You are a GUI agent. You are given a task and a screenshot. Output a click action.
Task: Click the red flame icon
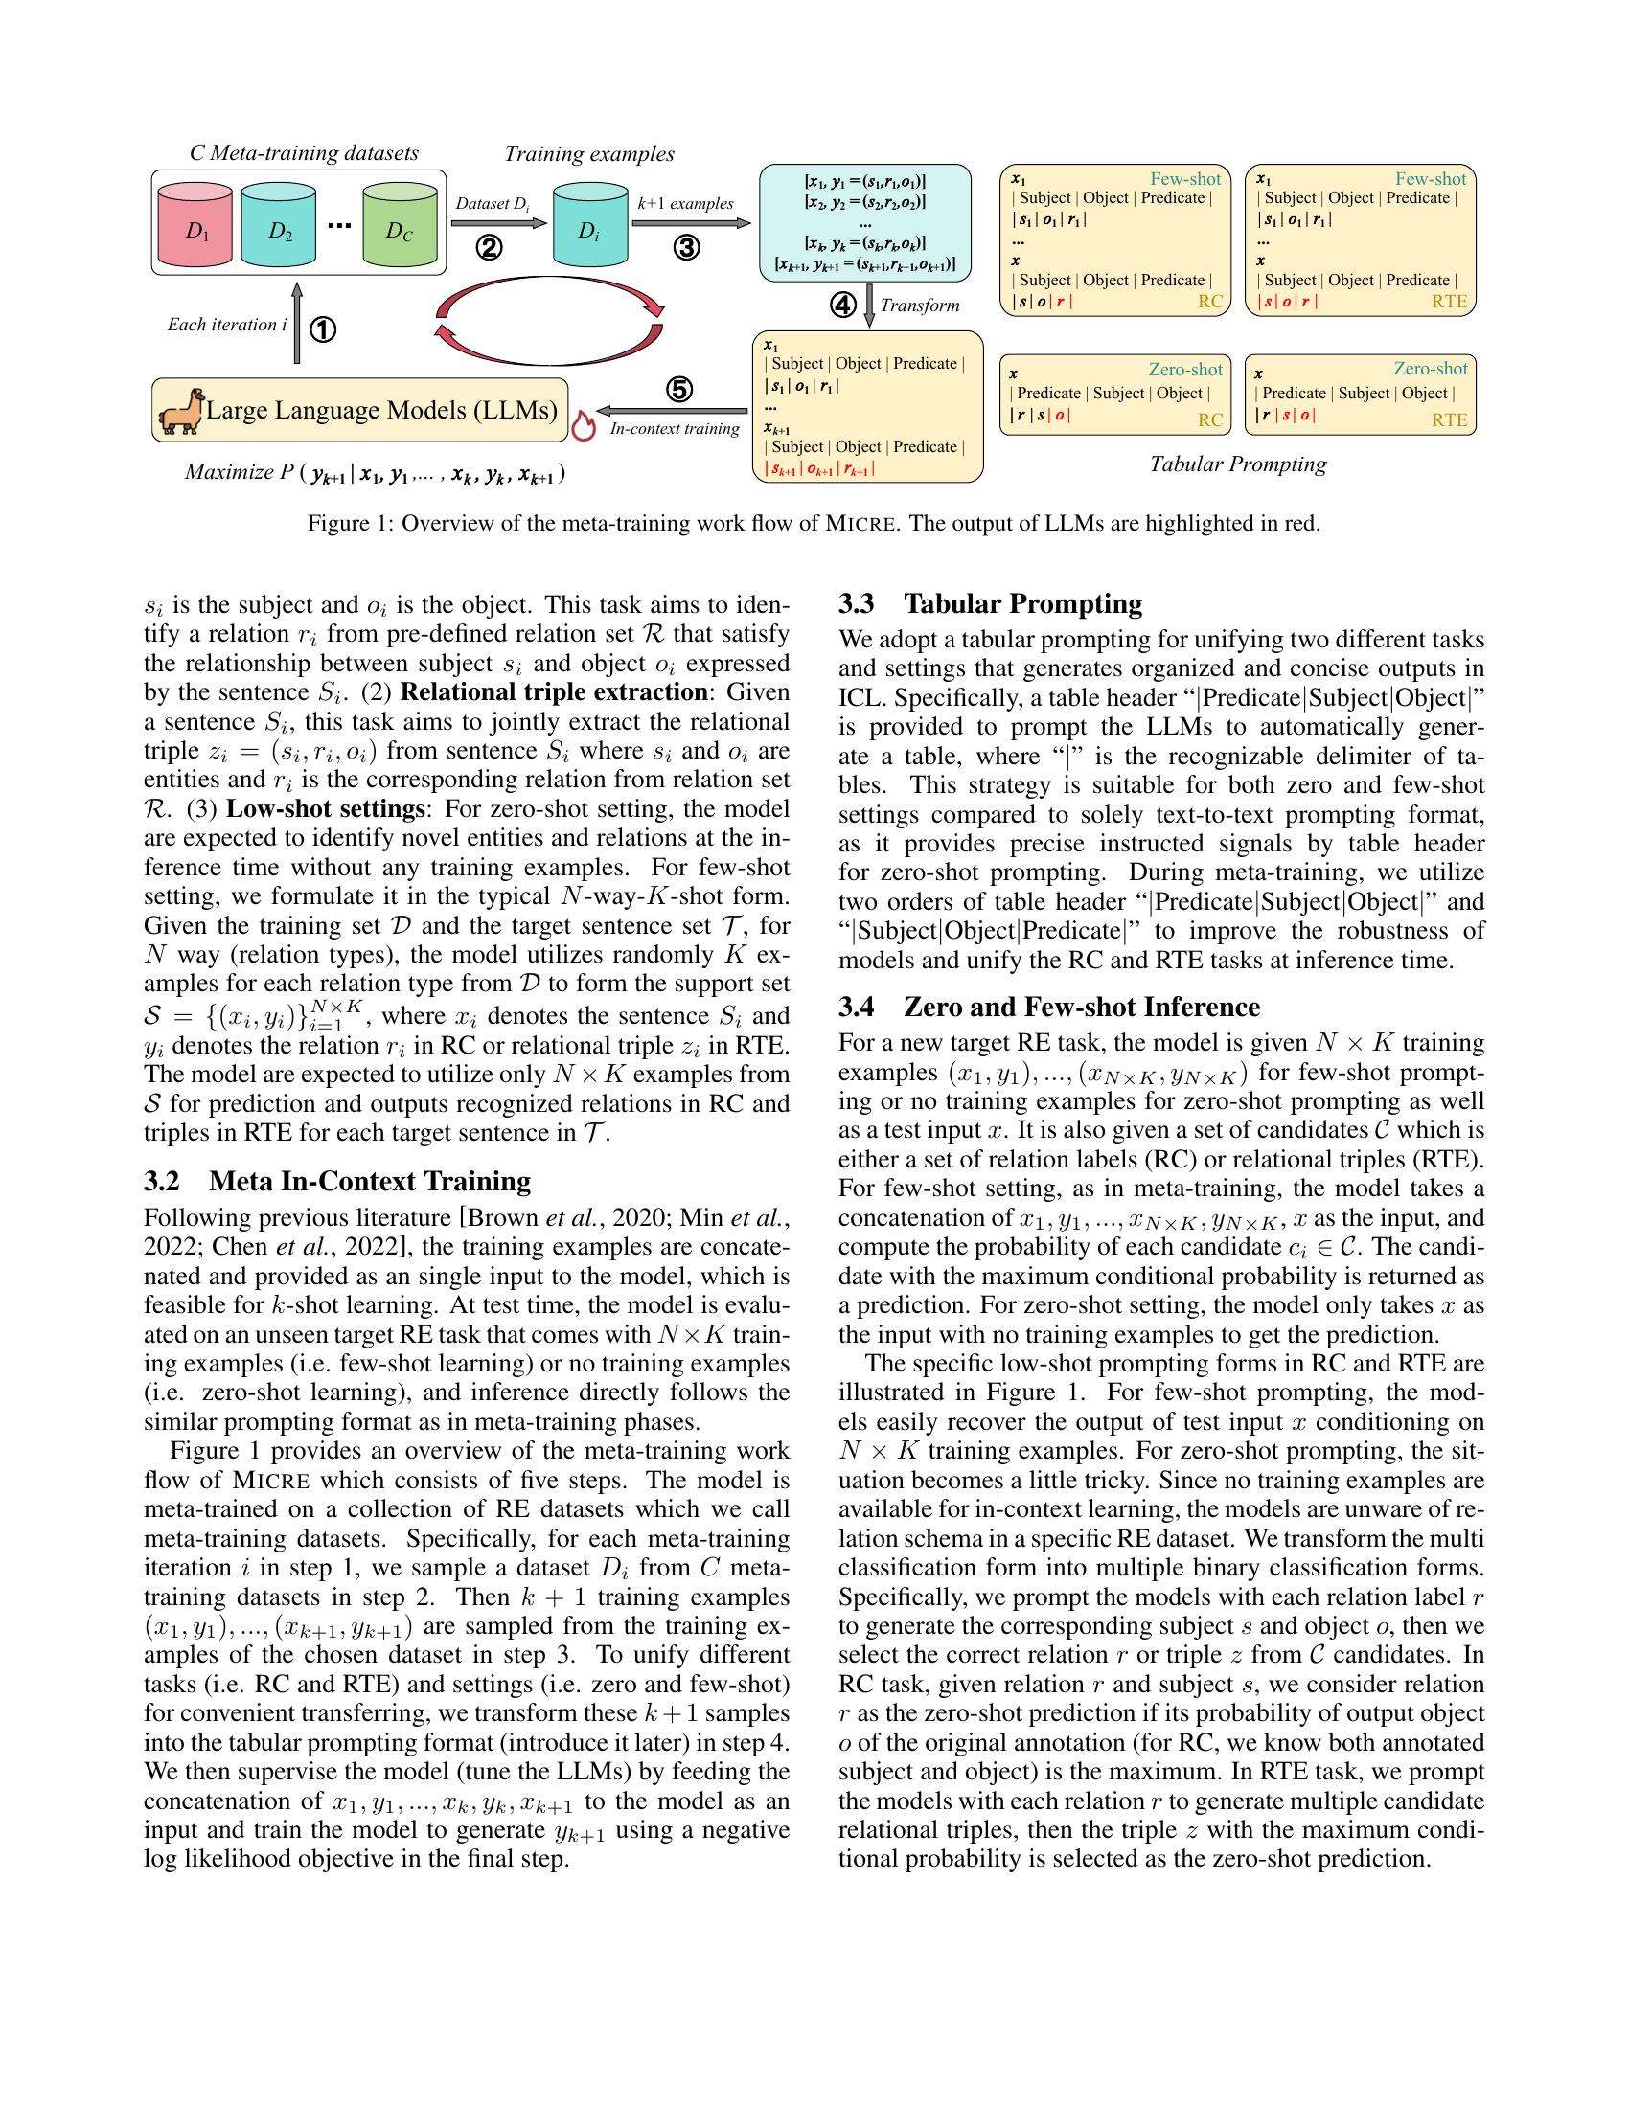point(582,427)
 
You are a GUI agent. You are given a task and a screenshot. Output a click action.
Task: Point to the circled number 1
point(322,331)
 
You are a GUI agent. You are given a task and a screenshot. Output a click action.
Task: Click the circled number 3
point(685,249)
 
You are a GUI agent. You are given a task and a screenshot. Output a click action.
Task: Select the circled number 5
point(679,390)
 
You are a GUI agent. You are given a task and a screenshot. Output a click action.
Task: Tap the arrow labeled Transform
point(869,306)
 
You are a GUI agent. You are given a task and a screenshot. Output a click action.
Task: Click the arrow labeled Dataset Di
point(493,224)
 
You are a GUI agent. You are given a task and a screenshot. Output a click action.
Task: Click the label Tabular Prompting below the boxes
point(1237,464)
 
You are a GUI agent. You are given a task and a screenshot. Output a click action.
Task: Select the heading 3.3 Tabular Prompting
point(990,604)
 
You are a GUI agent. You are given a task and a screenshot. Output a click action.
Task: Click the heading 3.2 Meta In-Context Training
point(336,1182)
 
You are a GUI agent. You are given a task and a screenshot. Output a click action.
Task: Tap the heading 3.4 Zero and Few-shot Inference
point(1049,1008)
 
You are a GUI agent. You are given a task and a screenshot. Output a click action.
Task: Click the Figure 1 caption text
point(814,524)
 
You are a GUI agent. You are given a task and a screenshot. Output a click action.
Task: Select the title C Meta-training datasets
point(304,153)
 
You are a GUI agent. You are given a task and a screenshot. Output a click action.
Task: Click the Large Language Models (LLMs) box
point(381,411)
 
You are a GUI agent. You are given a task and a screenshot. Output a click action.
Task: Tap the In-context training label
point(675,429)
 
